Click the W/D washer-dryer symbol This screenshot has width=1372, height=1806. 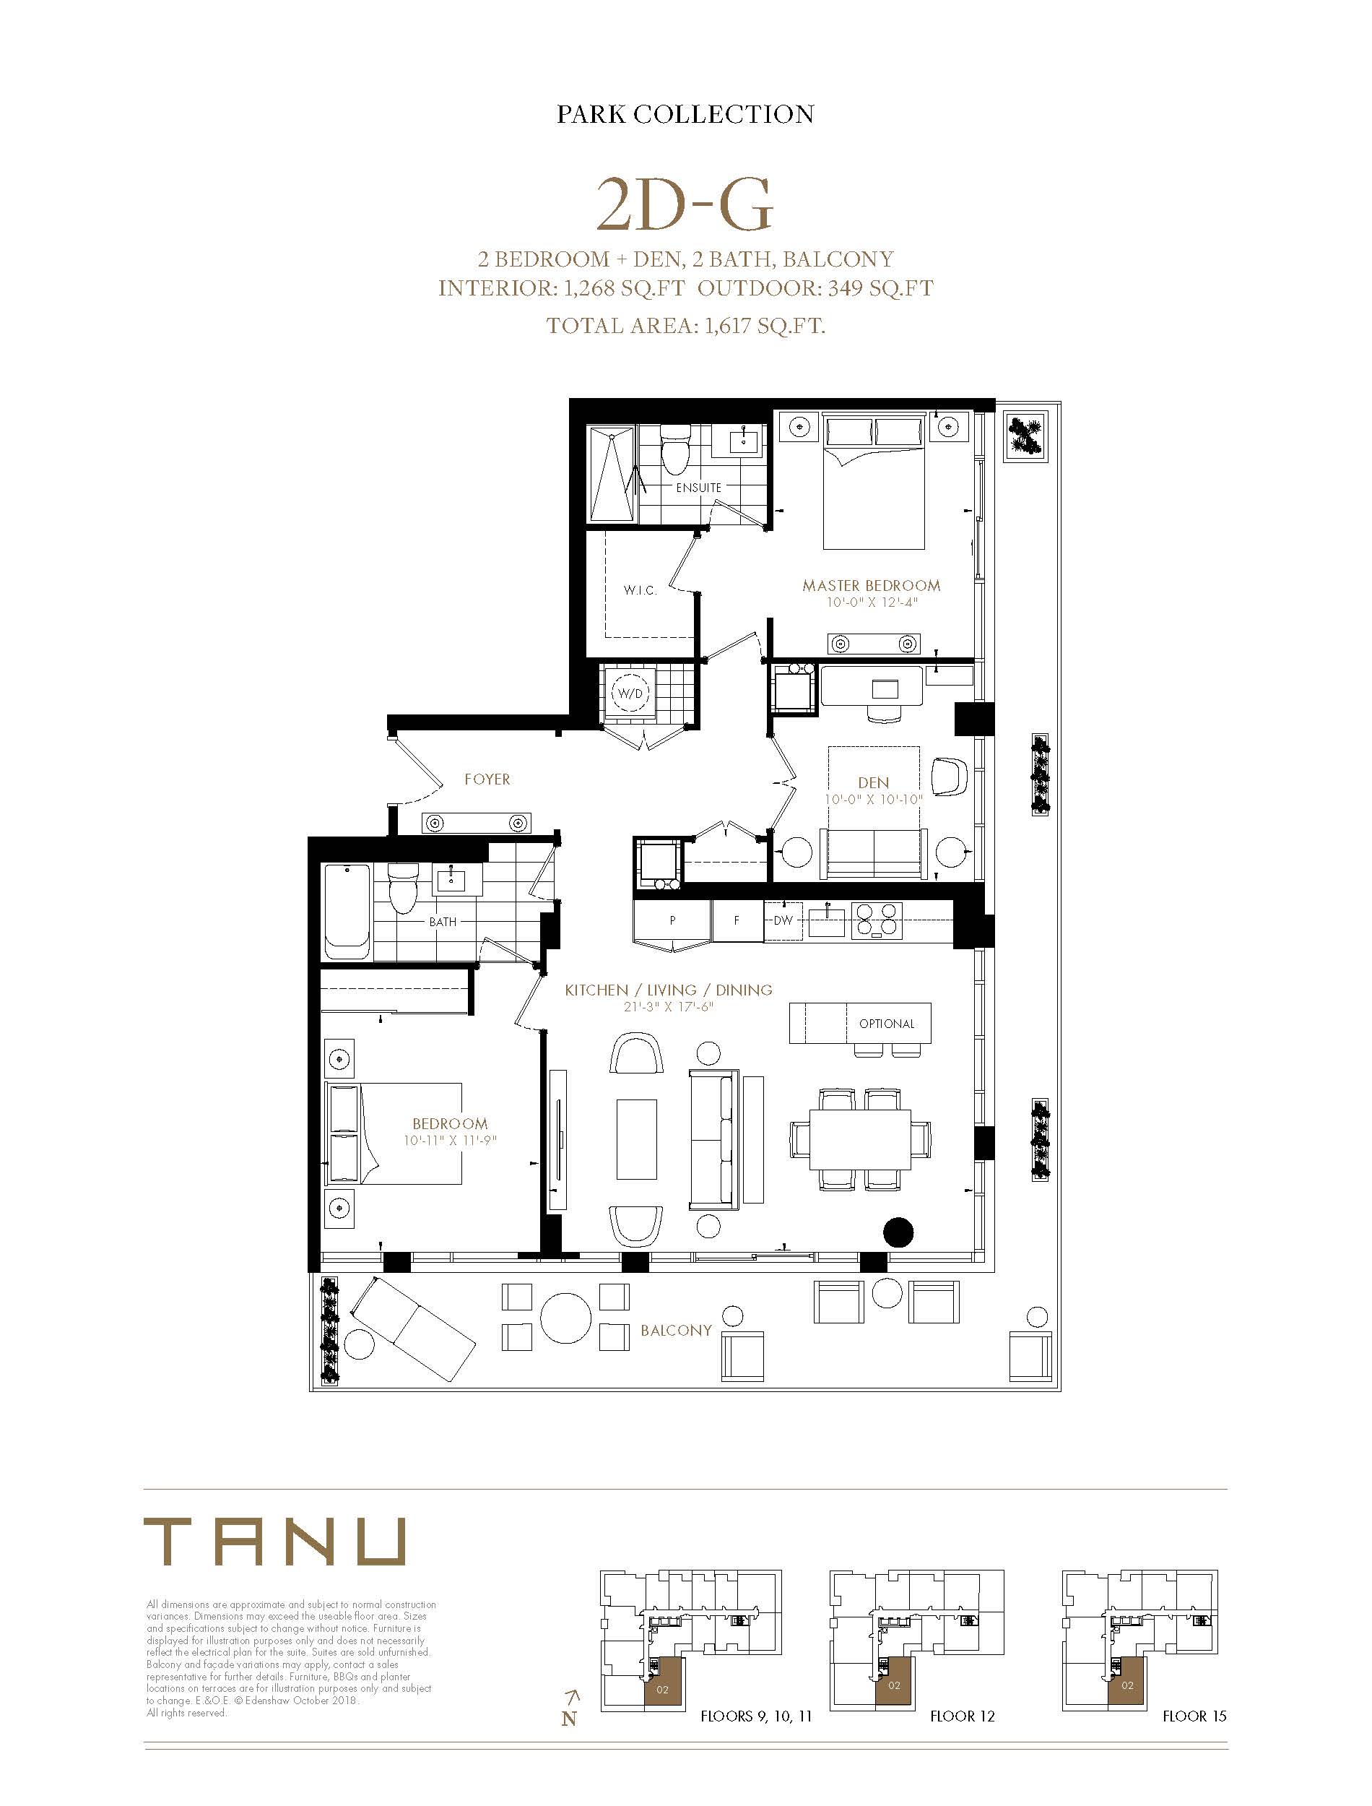[x=630, y=694]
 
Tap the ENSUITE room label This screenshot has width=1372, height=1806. [x=698, y=488]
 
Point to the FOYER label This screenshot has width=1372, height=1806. [x=487, y=779]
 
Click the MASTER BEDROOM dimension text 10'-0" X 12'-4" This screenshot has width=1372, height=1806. [x=872, y=602]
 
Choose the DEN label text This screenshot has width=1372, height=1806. [x=873, y=782]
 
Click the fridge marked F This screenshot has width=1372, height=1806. [x=737, y=920]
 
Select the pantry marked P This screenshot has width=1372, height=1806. [x=672, y=920]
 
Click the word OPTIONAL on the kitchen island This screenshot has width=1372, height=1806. [x=886, y=1024]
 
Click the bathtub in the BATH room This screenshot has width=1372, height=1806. [x=348, y=912]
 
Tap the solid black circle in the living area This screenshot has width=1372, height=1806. [x=898, y=1232]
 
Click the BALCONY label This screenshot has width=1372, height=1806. [x=676, y=1330]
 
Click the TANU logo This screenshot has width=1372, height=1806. [x=274, y=1542]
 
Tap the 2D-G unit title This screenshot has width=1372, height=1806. [x=685, y=204]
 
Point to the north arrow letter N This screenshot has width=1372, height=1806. [x=568, y=1719]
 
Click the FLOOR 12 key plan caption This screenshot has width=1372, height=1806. [x=962, y=1716]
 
